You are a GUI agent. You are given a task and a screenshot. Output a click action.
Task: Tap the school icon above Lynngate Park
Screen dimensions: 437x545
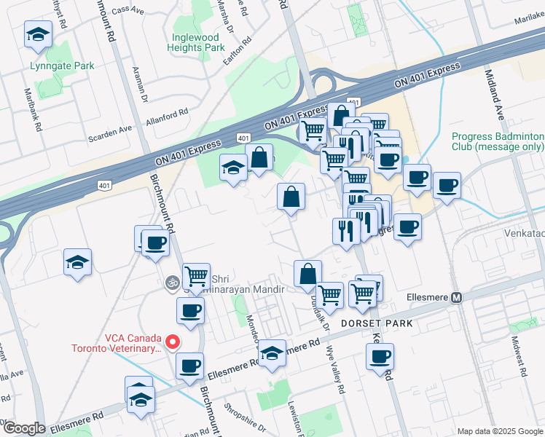click(x=38, y=34)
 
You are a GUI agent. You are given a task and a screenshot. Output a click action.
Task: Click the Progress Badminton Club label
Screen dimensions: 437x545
click(x=497, y=142)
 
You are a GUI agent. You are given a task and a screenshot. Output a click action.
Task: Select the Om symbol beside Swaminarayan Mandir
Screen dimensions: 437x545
click(x=173, y=282)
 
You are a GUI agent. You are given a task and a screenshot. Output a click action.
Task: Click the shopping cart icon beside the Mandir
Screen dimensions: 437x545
click(x=196, y=277)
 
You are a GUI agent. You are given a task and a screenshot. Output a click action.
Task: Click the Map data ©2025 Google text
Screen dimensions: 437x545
click(x=499, y=431)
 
